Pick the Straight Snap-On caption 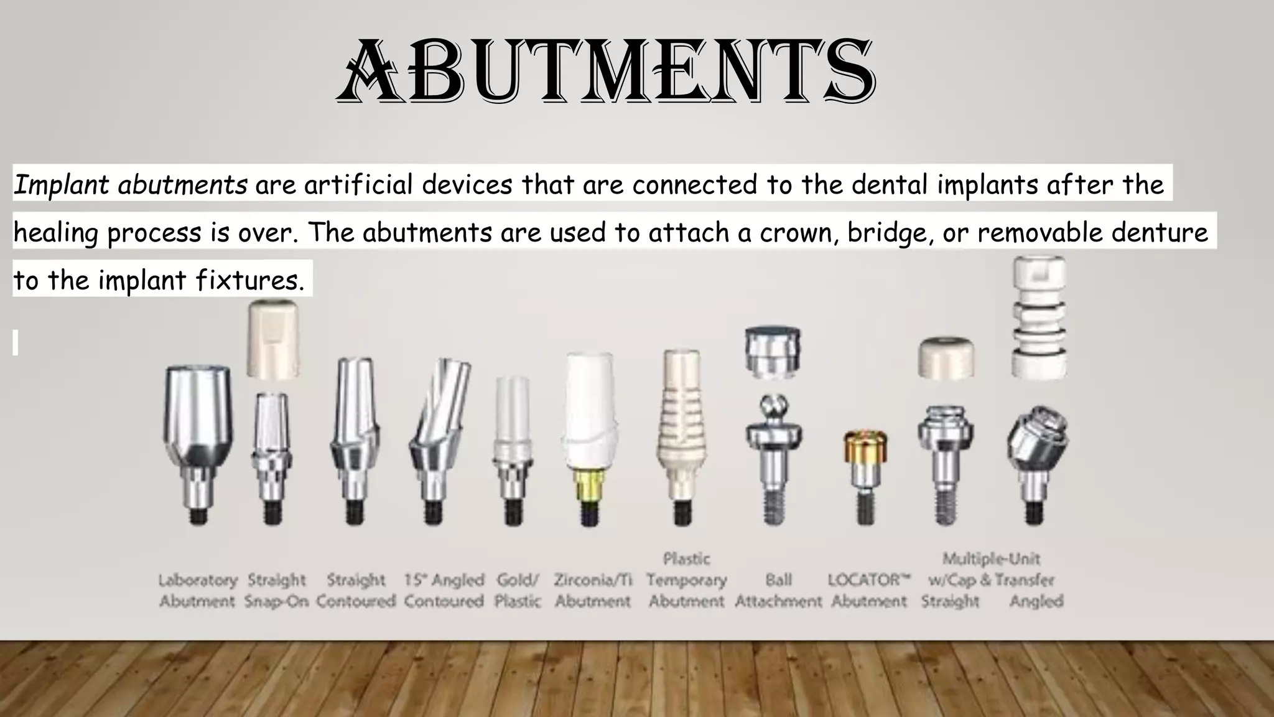[x=276, y=591]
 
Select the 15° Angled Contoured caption [x=444, y=591]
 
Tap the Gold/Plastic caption [x=518, y=591]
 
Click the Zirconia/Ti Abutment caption [x=593, y=591]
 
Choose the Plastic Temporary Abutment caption [x=686, y=580]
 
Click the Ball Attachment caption [x=778, y=591]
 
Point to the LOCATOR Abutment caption [x=869, y=591]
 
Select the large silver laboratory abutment [x=198, y=423]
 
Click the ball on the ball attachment [x=773, y=408]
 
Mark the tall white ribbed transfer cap [x=1039, y=317]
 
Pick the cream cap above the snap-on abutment [x=273, y=339]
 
